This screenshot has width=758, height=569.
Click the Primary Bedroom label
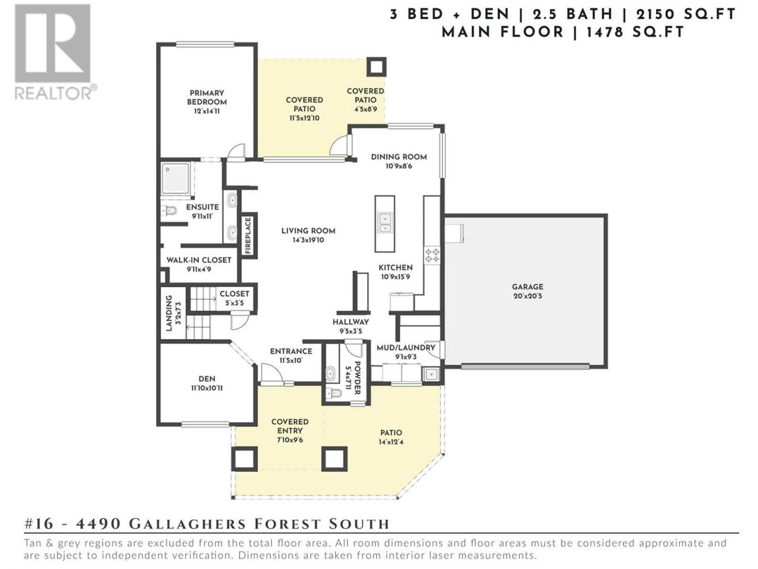coord(207,97)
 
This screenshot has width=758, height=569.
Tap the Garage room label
coord(527,287)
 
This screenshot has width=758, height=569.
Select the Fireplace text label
coord(248,235)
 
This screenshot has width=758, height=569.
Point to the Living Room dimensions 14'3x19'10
coord(308,240)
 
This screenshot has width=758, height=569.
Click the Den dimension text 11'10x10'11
coord(207,388)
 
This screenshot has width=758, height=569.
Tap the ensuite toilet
coord(169,210)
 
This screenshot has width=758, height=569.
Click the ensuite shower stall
coord(176,178)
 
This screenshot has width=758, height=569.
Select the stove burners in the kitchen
coord(432,255)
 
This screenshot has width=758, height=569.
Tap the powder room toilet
coord(333,393)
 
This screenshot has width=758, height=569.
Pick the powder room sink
coord(330,374)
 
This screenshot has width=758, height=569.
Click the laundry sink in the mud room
coord(431,374)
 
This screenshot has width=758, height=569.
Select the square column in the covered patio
coord(376,66)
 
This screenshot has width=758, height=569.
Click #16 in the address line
coord(39,525)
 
